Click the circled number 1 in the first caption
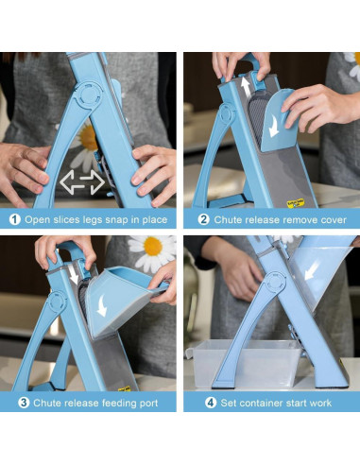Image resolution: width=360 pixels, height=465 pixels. click(x=14, y=219)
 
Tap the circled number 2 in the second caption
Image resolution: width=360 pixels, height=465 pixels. click(x=203, y=219)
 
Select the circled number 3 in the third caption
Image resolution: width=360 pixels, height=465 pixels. click(x=24, y=403)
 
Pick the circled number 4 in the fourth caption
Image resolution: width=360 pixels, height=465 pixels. click(x=211, y=403)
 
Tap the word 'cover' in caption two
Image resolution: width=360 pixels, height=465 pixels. click(x=334, y=219)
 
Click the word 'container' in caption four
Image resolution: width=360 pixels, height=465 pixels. click(x=263, y=403)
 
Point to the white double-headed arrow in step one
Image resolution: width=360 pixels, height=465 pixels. click(x=82, y=182)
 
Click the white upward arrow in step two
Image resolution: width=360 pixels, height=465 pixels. click(x=246, y=88)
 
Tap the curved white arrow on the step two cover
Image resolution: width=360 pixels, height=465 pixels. click(x=274, y=126)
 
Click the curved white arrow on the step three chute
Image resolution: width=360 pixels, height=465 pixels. click(x=102, y=305)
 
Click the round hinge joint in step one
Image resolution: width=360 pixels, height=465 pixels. click(x=89, y=95)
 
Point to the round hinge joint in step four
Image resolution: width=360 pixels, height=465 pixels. click(x=275, y=283)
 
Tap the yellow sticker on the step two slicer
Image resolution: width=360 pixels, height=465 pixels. click(x=295, y=203)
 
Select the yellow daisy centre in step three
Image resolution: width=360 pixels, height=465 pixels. click(x=153, y=246)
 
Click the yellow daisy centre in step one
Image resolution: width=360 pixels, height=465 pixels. click(x=89, y=138)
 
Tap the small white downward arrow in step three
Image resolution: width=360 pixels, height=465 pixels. click(x=74, y=274)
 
